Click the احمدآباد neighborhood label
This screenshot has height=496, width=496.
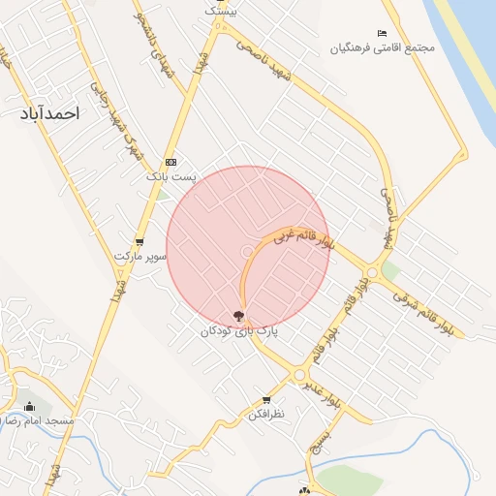point(46,113)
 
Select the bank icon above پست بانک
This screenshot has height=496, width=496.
point(171,162)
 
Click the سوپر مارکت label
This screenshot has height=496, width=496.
point(140,257)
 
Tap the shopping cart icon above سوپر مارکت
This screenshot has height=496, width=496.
point(140,242)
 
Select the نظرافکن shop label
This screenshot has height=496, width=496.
point(266,415)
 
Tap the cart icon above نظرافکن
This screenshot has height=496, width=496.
point(266,400)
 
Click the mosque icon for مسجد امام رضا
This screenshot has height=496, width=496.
point(29,406)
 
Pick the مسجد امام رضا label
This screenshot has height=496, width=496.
point(27,421)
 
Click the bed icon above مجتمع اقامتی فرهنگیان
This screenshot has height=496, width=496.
point(382,34)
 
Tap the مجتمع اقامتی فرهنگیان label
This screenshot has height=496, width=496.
point(382,47)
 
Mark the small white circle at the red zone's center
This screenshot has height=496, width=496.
point(248,252)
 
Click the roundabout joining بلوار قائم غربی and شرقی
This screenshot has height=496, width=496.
point(371,273)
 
